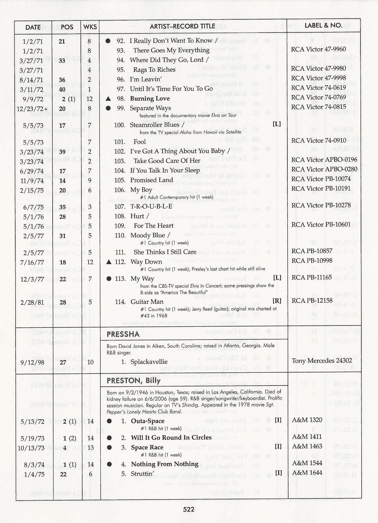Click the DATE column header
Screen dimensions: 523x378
(33, 27)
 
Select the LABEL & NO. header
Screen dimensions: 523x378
(323, 25)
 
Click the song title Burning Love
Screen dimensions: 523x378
(150, 98)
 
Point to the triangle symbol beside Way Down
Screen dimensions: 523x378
(109, 262)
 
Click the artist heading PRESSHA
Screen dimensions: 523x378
(123, 334)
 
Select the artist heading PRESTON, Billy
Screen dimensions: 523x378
(133, 380)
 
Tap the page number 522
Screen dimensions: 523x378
(188, 509)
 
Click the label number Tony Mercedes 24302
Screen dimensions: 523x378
(322, 361)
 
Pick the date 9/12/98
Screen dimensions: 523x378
(32, 362)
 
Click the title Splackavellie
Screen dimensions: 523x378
(149, 362)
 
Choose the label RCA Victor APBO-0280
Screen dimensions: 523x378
(324, 169)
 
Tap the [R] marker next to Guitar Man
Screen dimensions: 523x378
(277, 301)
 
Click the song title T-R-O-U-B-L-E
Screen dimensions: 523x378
(151, 206)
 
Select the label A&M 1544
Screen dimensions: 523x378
(307, 463)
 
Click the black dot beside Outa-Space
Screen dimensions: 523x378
(109, 421)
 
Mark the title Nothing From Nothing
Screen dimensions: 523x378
(165, 464)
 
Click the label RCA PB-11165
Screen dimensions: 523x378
(312, 277)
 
